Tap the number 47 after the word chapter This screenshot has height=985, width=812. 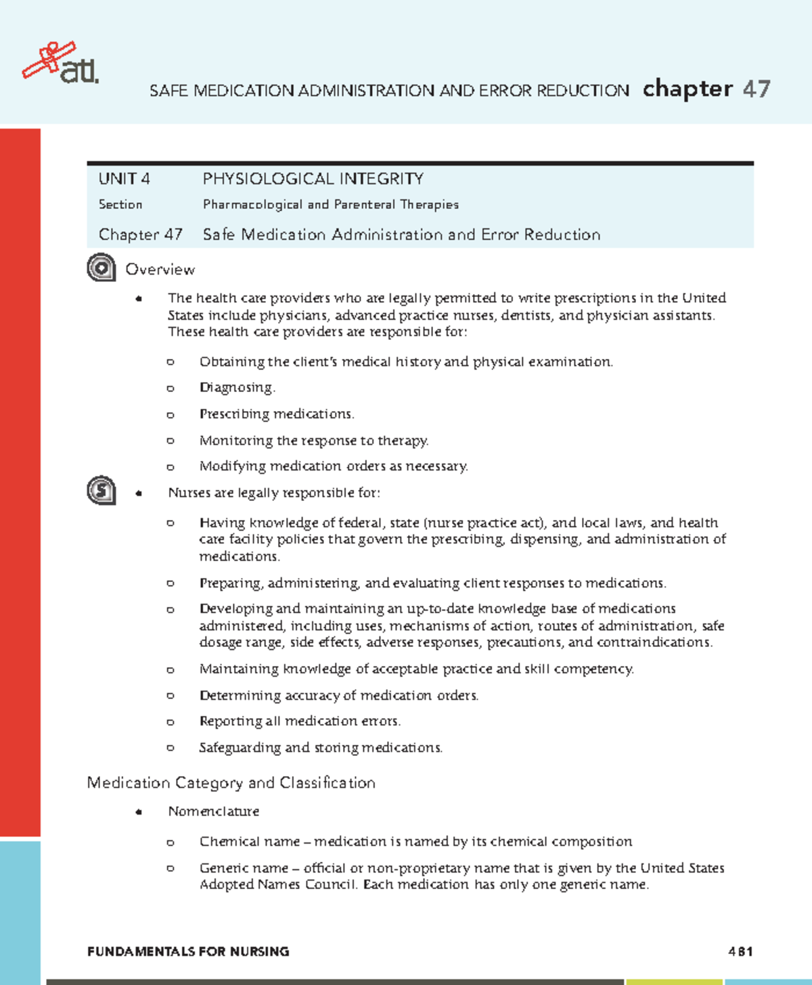(756, 89)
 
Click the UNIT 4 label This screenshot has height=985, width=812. (124, 179)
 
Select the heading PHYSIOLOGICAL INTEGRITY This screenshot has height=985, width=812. (313, 179)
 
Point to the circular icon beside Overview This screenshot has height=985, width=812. (101, 268)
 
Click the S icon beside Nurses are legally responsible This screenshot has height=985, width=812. (101, 490)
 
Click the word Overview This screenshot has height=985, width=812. (160, 270)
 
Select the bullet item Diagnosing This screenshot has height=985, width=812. (237, 388)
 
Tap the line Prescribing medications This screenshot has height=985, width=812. (276, 414)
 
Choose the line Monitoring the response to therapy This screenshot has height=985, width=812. (314, 441)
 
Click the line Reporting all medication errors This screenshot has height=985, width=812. (300, 721)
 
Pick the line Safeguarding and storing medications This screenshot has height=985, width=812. (321, 748)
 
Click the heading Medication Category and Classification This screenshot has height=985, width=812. (231, 783)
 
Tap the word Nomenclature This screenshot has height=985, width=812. (213, 811)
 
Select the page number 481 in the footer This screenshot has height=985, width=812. (740, 952)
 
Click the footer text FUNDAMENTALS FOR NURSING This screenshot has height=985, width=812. (188, 952)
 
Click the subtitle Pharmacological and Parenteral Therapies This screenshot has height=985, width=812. (330, 205)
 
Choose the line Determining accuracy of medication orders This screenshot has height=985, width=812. (338, 696)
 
